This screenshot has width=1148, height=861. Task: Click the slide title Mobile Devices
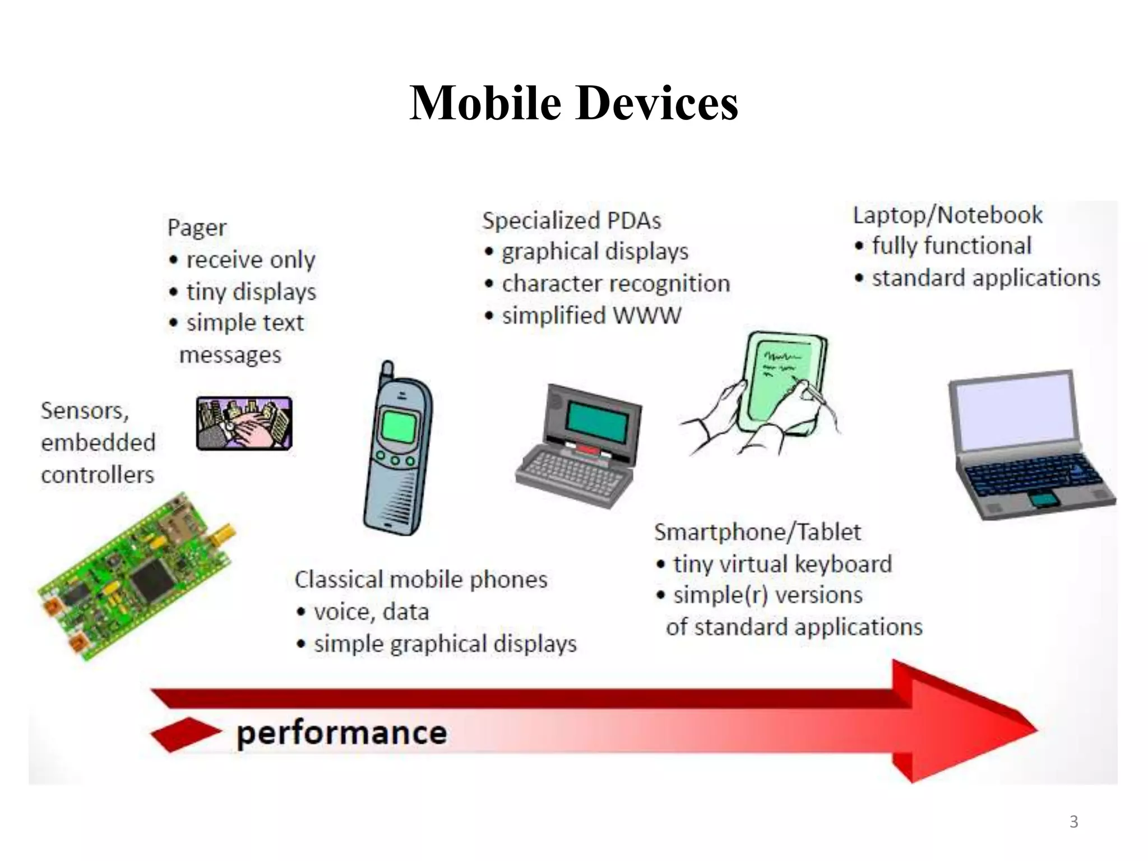pyautogui.click(x=573, y=103)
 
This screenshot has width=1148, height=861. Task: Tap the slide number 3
pyautogui.click(x=1073, y=822)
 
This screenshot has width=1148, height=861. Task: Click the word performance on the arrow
pyautogui.click(x=341, y=733)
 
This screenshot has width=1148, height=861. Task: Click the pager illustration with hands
pyautogui.click(x=244, y=423)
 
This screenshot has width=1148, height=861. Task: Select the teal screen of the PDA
pyautogui.click(x=598, y=422)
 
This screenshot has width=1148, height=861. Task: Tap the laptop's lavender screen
pyautogui.click(x=1014, y=412)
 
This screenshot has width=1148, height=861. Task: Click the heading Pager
pyautogui.click(x=197, y=228)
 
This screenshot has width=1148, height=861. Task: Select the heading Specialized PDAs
pyautogui.click(x=571, y=221)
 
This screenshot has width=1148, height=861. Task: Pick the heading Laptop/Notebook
pyautogui.click(x=947, y=215)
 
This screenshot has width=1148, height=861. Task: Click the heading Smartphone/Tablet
pyautogui.click(x=757, y=532)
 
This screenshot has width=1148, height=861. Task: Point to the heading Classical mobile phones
pyautogui.click(x=421, y=580)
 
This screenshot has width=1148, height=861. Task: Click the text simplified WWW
pyautogui.click(x=591, y=316)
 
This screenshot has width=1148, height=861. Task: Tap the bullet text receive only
pyautogui.click(x=251, y=260)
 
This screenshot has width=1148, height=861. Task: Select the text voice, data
pyautogui.click(x=371, y=612)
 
